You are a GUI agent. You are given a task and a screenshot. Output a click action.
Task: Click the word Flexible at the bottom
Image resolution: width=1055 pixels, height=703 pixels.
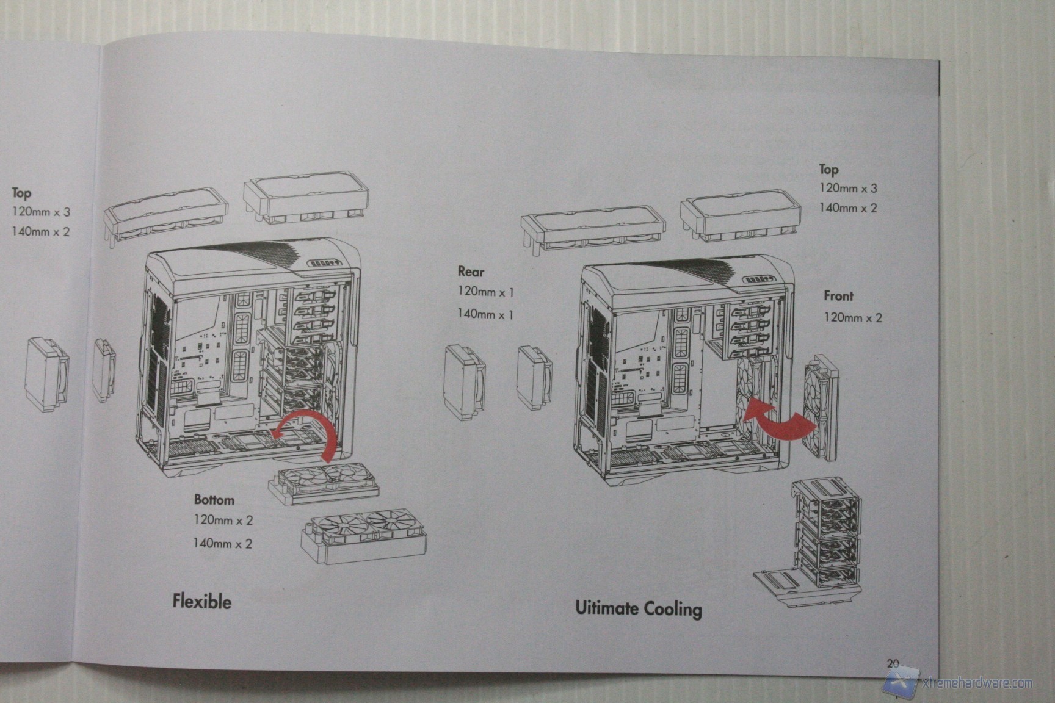click(x=201, y=602)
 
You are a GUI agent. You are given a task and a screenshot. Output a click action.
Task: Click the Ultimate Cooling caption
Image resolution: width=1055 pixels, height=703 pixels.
click(x=638, y=608)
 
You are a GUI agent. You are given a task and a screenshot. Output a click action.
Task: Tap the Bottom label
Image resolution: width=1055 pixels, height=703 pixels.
click(x=214, y=500)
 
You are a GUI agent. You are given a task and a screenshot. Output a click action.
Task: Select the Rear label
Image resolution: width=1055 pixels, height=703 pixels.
click(x=470, y=272)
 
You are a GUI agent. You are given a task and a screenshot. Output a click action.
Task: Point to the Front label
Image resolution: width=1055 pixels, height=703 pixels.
click(x=838, y=296)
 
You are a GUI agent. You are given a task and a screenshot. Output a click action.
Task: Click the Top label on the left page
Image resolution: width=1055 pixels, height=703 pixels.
click(x=21, y=193)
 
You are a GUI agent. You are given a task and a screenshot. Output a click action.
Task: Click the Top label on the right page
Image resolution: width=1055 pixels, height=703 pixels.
click(x=828, y=169)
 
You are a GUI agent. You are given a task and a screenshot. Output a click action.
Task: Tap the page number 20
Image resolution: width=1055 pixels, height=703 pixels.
click(x=893, y=663)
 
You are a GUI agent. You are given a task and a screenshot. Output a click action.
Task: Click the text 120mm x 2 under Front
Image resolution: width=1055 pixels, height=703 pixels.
click(x=853, y=317)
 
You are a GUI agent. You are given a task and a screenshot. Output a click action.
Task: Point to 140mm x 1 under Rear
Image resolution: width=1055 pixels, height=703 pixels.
click(x=485, y=314)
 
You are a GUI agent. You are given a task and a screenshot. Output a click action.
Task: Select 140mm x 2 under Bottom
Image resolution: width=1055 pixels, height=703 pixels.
click(x=222, y=543)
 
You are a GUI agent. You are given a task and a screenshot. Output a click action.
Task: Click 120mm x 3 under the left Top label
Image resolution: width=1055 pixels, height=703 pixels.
click(x=41, y=212)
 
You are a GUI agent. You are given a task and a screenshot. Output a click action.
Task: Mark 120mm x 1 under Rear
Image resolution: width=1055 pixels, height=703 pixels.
click(x=485, y=292)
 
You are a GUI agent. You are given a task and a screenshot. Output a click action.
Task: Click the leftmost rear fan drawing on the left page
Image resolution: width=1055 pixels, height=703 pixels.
click(x=48, y=375)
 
